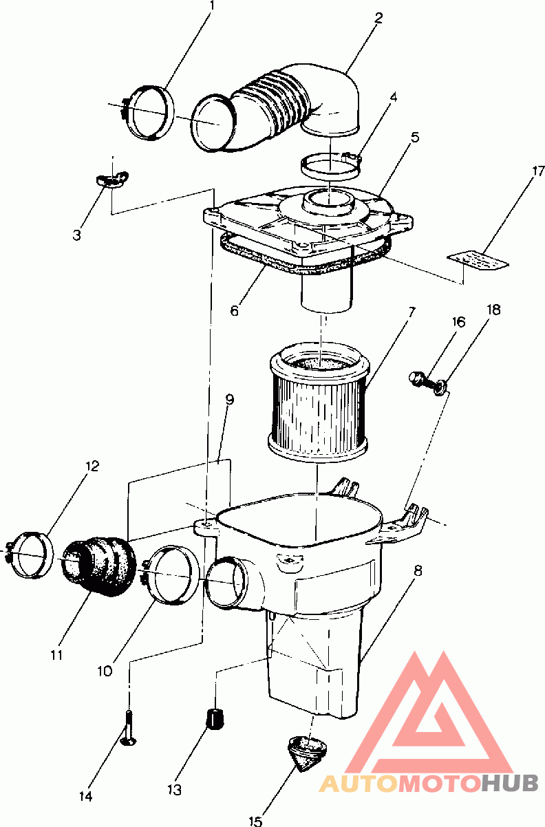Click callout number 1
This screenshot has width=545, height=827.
click(x=212, y=7)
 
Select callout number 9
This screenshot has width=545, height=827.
click(x=229, y=400)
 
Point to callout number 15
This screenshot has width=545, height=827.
click(x=255, y=820)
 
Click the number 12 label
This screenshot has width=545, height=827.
click(x=92, y=466)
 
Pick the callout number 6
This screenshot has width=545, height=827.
click(x=235, y=310)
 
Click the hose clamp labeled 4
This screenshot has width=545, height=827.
click(x=332, y=165)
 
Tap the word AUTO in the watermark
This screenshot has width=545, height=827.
click(x=362, y=783)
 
